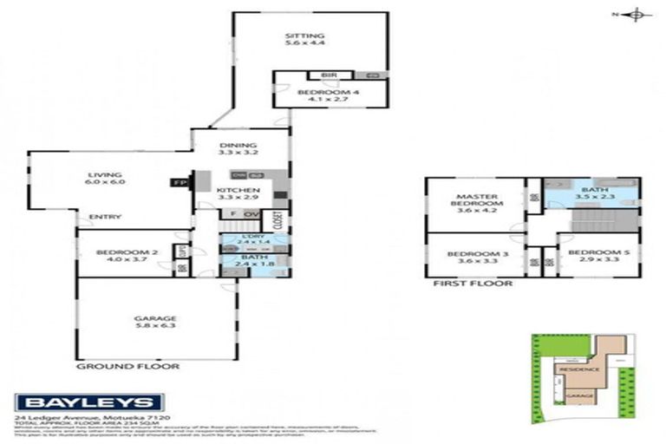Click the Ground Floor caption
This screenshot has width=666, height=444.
point(127,366)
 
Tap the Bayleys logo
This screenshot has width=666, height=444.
point(89,402)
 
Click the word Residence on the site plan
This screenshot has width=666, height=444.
point(578,369)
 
